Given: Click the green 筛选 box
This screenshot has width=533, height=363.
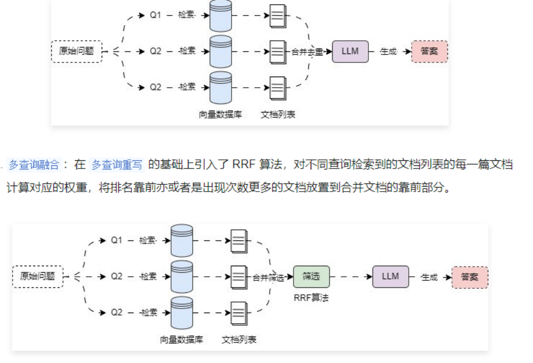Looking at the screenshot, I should tap(312, 276).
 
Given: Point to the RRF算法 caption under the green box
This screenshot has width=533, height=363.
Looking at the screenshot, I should tap(311, 297).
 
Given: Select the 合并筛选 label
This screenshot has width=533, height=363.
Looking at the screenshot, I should tap(268, 277).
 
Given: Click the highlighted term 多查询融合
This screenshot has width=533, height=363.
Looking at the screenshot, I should tap(34, 164).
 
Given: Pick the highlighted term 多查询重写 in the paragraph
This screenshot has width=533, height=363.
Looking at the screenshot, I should tap(117, 164).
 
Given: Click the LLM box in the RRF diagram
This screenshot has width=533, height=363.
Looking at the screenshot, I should tap(391, 276).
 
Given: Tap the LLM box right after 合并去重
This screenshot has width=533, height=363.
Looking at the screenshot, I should tap(350, 51).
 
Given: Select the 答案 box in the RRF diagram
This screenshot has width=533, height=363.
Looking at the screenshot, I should tap(470, 277).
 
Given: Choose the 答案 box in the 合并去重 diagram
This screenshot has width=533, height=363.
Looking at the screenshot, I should tap(429, 51).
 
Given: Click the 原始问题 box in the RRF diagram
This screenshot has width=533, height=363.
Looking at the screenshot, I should tap(38, 276).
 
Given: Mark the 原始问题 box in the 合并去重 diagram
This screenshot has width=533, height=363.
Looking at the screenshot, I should tap(77, 51).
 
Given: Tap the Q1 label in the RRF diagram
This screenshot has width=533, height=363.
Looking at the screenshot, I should tap(116, 240).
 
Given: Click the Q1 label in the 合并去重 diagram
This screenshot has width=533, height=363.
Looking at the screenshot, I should tap(156, 15).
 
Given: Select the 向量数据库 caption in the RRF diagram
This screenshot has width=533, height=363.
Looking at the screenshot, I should tap(182, 339).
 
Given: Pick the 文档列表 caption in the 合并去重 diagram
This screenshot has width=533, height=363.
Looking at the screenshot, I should tap(278, 114).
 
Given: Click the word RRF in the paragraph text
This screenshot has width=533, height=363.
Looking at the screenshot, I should tap(244, 164).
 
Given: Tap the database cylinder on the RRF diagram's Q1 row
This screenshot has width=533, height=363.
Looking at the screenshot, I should tap(182, 240).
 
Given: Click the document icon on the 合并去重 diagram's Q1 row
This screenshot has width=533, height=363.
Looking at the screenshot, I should tap(277, 17).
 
